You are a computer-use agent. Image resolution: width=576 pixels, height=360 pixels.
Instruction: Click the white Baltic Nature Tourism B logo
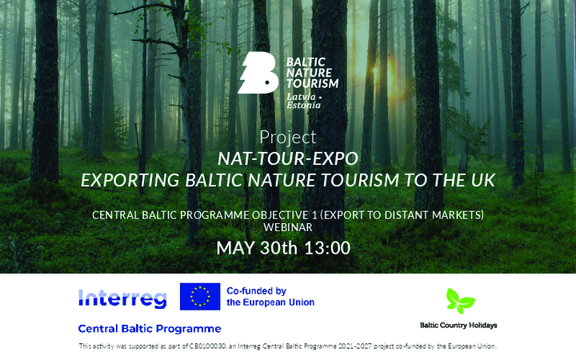click(x=257, y=73)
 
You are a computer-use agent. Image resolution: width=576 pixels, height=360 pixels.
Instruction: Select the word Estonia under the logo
click(x=303, y=105)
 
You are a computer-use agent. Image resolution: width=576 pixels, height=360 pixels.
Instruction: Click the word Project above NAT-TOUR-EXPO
click(x=288, y=138)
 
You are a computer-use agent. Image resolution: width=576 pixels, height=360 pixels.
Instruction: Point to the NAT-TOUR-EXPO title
click(x=288, y=158)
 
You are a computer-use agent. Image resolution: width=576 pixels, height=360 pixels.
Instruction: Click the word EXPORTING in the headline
click(x=130, y=180)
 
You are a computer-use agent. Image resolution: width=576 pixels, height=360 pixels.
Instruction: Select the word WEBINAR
click(x=288, y=227)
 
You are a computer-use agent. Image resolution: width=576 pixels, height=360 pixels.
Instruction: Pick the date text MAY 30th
click(x=257, y=248)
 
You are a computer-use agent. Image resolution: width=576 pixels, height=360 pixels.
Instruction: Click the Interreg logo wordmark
click(x=122, y=298)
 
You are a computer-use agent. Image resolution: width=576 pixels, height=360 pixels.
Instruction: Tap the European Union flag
click(x=200, y=297)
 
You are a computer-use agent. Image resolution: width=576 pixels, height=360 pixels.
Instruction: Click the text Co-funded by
click(x=257, y=291)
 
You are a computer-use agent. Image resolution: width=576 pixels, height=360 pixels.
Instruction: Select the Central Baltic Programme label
click(x=150, y=329)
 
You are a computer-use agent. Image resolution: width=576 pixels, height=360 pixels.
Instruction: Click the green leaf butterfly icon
click(x=460, y=301)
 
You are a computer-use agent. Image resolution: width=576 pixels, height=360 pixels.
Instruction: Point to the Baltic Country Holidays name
click(x=458, y=325)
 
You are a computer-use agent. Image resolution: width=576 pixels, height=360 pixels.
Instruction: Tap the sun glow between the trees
click(x=375, y=69)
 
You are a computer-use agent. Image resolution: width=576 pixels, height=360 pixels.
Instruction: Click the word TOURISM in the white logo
click(x=313, y=84)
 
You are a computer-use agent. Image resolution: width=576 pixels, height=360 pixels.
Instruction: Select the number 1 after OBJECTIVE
click(x=315, y=215)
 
